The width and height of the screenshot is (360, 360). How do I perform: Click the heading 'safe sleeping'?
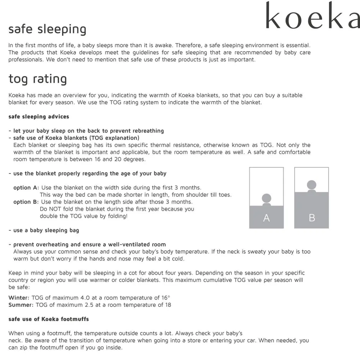tap(47, 29)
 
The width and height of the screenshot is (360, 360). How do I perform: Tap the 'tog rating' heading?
tap(38, 79)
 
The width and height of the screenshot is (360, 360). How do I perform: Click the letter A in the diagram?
tap(267, 218)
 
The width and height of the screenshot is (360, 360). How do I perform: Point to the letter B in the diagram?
tap(312, 218)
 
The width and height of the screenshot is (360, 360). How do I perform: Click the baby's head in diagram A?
tap(267, 198)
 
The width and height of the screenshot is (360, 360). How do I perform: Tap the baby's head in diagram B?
tap(312, 185)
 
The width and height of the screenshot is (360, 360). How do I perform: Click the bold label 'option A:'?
tap(26, 188)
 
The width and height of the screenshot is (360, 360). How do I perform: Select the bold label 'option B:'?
tap(26, 202)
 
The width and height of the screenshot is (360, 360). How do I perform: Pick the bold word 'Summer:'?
tap(21, 305)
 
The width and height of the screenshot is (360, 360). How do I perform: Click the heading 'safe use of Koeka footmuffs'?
tap(49, 319)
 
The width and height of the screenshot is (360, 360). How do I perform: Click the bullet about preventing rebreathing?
tap(86, 131)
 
